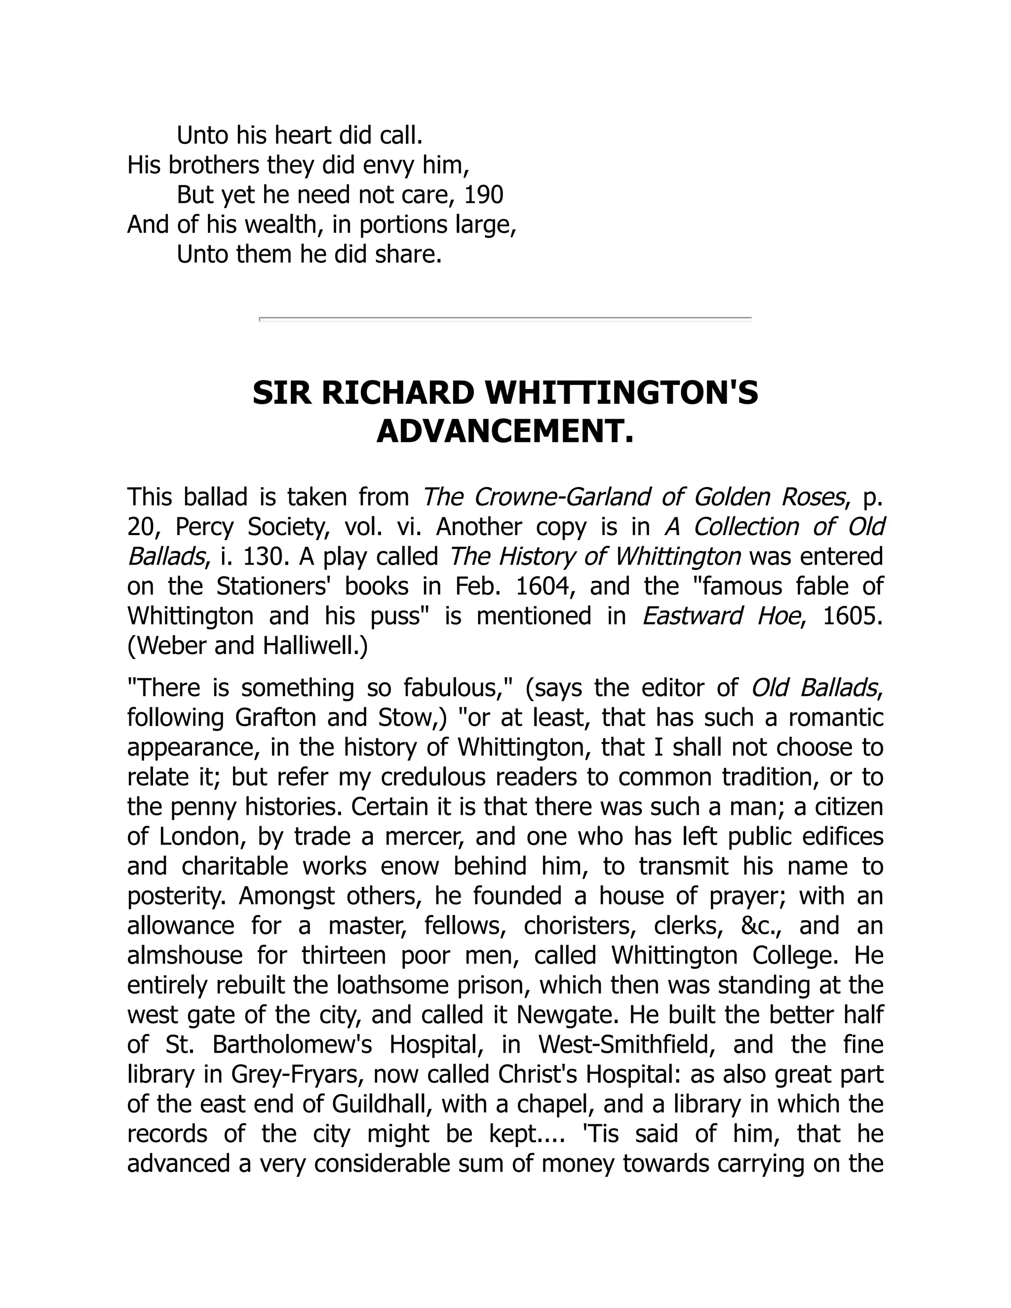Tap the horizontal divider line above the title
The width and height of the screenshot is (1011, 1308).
(505, 319)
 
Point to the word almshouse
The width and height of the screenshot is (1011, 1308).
(185, 956)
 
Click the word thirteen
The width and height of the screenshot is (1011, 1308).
(344, 956)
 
